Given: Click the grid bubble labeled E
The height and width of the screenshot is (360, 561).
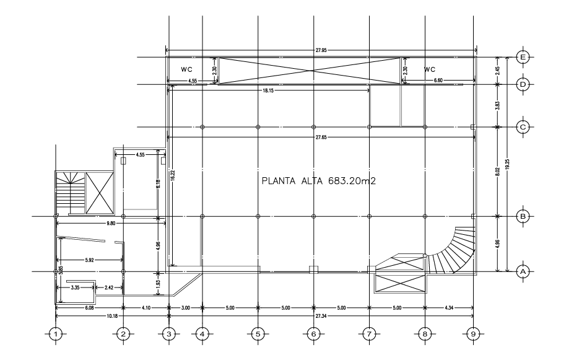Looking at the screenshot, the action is (x=523, y=57).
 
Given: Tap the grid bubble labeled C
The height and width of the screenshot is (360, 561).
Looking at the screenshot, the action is (x=523, y=127).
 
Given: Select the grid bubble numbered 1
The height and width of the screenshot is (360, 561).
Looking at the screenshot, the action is (x=56, y=334).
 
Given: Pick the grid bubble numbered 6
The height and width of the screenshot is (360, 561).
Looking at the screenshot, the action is (x=314, y=334).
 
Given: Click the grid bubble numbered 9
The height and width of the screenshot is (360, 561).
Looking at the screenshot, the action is (x=473, y=334).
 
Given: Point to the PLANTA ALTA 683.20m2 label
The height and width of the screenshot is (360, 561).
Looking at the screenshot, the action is (x=319, y=181).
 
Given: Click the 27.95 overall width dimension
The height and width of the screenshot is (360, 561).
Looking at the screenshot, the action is (x=321, y=50).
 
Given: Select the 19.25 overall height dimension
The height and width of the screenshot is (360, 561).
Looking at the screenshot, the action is (x=507, y=164).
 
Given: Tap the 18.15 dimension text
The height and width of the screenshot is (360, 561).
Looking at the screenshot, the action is (x=268, y=91).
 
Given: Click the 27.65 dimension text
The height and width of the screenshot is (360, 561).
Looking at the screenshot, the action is (x=321, y=138).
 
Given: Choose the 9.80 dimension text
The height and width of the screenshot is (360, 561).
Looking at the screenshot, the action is (x=111, y=223).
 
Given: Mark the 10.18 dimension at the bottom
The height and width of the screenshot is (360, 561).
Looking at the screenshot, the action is (x=112, y=316).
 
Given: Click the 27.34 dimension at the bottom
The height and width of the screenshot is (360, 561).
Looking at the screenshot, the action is (x=321, y=316).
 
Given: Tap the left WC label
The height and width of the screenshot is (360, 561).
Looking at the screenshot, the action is (x=187, y=69).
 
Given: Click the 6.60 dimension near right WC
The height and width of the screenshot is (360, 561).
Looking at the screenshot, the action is (x=438, y=81).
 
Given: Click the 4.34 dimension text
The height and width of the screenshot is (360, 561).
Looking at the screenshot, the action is (x=449, y=308).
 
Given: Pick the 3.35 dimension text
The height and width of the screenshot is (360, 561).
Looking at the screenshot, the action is (x=75, y=288).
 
